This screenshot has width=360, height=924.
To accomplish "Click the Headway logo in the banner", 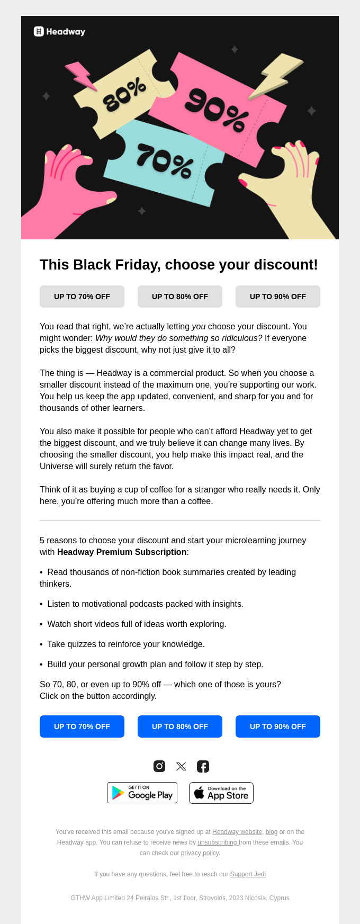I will point(59,32).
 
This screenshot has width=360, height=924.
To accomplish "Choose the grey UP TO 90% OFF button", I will point(278,297).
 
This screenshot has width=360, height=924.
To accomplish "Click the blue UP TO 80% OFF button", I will point(180,726).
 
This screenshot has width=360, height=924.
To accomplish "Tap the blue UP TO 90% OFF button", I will point(278,726).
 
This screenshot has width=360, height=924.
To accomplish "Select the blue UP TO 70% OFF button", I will point(82,726).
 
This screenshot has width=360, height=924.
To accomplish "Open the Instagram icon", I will point(159,766).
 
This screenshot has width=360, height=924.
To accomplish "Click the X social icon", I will point(181,766).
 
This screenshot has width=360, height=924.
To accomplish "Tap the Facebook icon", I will point(203,766).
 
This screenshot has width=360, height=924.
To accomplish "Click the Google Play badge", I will point(142,793).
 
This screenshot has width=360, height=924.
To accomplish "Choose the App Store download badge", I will point(221,793).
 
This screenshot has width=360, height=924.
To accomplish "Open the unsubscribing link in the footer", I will point(217,842).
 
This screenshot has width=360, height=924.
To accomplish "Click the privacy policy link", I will point(200,853).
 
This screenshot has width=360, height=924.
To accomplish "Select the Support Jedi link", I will point(248,874).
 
